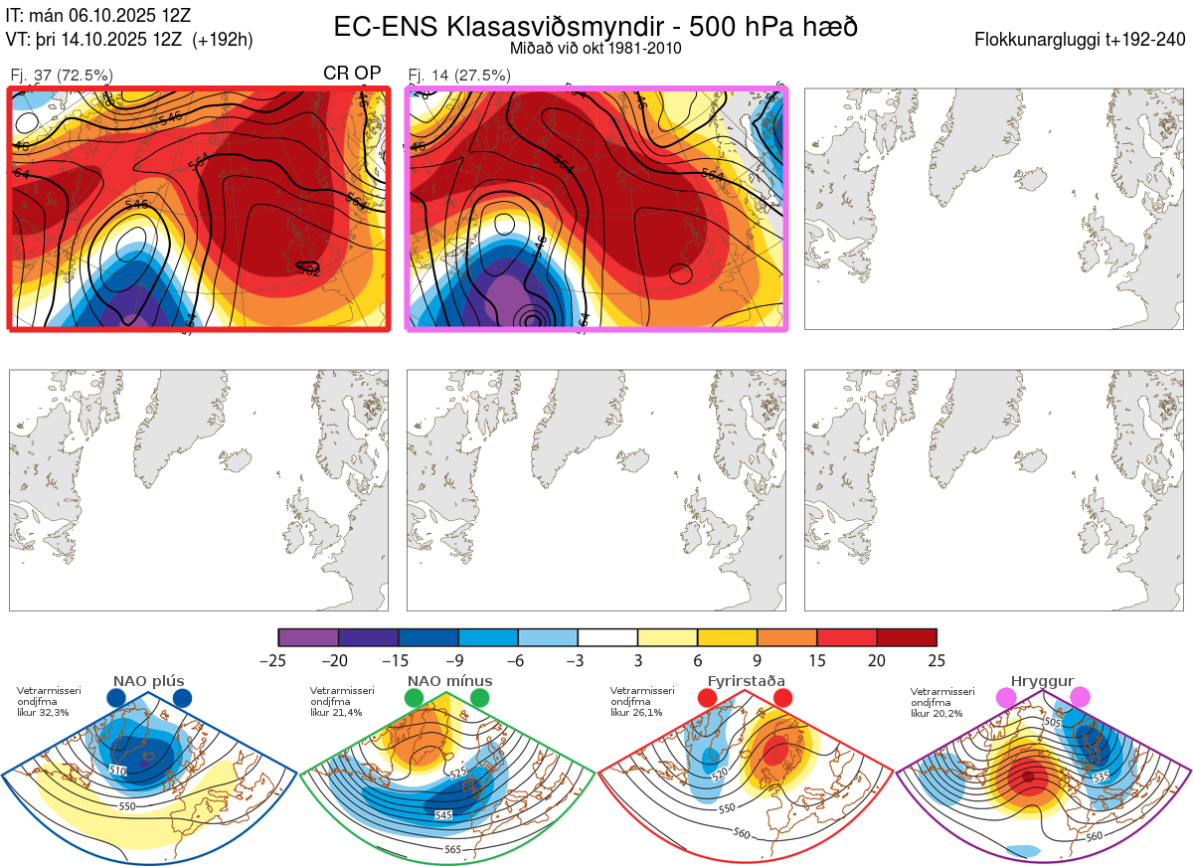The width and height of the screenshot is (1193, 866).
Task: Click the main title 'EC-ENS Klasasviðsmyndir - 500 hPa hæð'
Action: pos(596,27)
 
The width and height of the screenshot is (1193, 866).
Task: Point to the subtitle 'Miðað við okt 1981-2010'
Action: pos(596,48)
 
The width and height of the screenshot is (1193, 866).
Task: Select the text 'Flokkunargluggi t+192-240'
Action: pos(1082,40)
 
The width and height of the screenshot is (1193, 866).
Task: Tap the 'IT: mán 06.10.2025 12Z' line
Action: pos(98,15)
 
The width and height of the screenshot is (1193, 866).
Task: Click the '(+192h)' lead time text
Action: pos(223,40)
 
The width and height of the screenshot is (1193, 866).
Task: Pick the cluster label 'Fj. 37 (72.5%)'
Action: pos(62,76)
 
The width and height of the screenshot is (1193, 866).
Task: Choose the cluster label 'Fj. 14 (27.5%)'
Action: pos(459,76)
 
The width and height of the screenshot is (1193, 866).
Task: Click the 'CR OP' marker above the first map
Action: pos(352,74)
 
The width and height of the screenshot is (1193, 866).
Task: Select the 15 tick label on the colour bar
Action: pos(817,660)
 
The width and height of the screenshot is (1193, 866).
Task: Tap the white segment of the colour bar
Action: pos(607,637)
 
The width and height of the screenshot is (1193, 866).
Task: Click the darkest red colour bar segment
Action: pos(907,637)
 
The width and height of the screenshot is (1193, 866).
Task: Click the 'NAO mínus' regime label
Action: pos(449,681)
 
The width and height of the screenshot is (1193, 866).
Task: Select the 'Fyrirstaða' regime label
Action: pos(746,681)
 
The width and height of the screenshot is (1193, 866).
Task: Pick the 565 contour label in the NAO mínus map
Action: pos(452,849)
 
